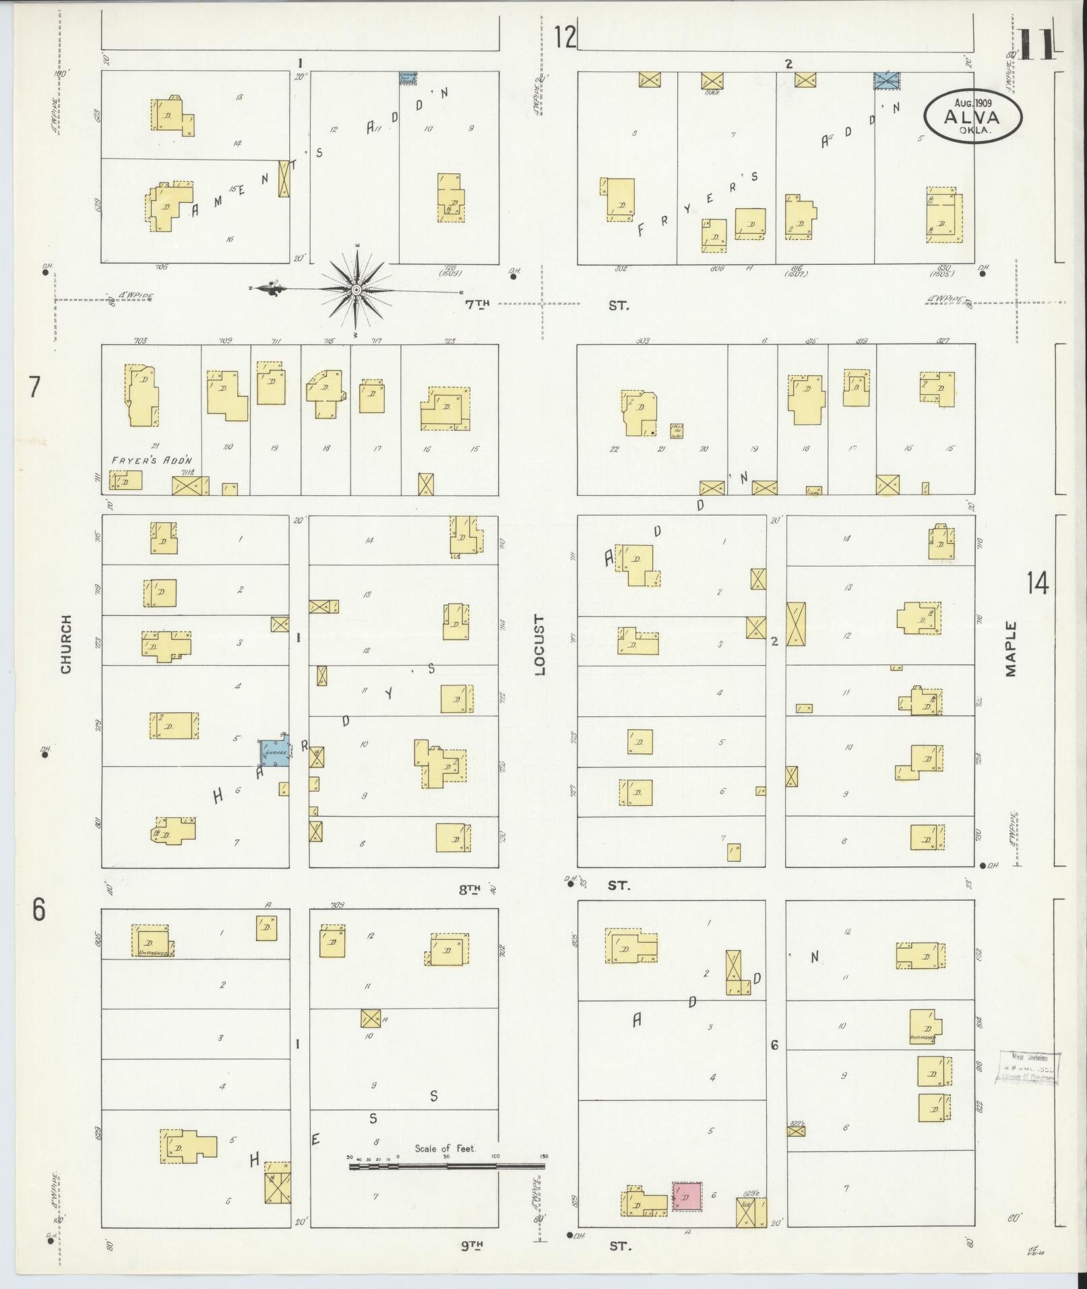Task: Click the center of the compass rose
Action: coord(355,290)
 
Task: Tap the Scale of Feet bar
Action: coord(447,1165)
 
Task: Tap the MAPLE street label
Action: coord(1010,648)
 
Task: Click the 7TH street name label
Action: coord(476,305)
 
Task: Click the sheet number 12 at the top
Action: coord(565,37)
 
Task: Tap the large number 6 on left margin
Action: coord(38,910)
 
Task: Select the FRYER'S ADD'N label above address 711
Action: coord(152,460)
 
